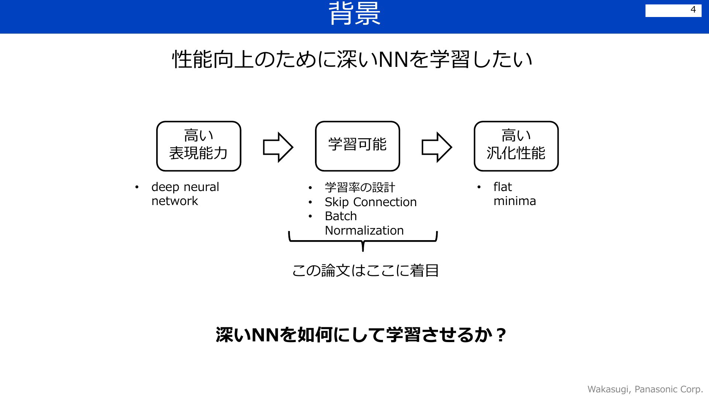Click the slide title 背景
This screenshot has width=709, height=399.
[x=354, y=14]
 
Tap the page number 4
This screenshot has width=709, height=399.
[x=693, y=10]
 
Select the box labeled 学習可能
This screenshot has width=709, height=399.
[x=357, y=146]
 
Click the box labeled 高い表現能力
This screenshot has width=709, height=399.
[x=199, y=146]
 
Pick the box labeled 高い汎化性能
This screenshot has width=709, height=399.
[x=516, y=146]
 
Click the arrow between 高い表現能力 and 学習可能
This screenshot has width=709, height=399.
[x=278, y=147]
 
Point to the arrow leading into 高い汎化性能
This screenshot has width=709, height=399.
[x=437, y=147]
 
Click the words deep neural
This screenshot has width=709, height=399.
[x=185, y=187]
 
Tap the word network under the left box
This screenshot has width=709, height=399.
[x=175, y=201]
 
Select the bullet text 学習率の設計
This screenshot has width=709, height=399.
[x=360, y=188]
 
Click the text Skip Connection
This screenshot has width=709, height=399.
[x=370, y=202]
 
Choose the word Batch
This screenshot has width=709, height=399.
[x=341, y=216]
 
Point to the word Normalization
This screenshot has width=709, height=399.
[x=364, y=231]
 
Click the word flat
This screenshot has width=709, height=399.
[x=503, y=187]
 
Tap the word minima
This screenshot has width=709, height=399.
[x=515, y=201]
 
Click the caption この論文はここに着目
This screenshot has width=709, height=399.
[x=365, y=270]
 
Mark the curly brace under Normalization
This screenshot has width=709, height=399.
[x=363, y=241]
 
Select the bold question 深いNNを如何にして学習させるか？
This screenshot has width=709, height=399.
[x=360, y=335]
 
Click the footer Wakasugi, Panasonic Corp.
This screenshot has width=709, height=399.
[x=645, y=389]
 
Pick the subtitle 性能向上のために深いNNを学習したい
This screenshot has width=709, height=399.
[x=353, y=59]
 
